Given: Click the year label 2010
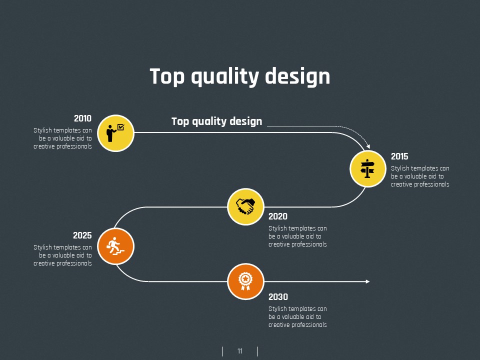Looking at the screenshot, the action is click(x=82, y=118).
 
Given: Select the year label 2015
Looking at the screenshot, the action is click(x=399, y=156).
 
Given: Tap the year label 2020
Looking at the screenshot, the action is click(x=278, y=216).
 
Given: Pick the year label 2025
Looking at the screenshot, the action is click(x=82, y=235).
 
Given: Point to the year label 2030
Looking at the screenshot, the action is click(x=278, y=297).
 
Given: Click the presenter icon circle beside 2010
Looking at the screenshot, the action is click(x=115, y=133).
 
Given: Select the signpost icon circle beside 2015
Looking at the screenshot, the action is click(x=367, y=168).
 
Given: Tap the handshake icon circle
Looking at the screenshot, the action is click(x=245, y=206).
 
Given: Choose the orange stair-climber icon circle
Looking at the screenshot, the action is click(x=115, y=246).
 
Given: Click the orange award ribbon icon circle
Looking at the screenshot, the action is click(x=245, y=281).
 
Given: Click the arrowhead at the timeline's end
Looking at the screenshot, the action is click(x=368, y=281).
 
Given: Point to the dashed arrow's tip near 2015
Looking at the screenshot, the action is click(x=369, y=147).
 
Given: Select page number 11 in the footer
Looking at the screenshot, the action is click(x=240, y=351).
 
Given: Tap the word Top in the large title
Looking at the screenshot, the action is click(x=167, y=77).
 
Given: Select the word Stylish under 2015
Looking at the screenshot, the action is click(x=400, y=168).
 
